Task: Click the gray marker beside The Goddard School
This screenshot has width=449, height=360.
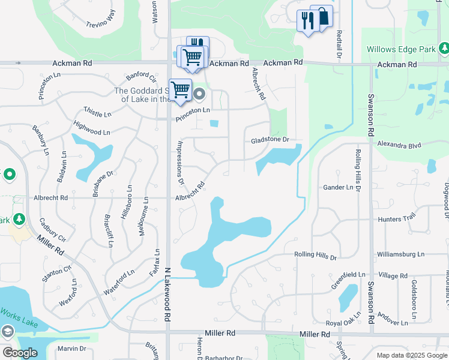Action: point(199,94)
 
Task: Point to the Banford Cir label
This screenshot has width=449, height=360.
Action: point(140,78)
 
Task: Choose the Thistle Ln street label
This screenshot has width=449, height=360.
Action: point(98,113)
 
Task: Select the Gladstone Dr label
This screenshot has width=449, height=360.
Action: point(270,140)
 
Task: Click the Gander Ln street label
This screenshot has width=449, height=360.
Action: point(338,187)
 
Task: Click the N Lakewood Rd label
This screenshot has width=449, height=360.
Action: point(167,296)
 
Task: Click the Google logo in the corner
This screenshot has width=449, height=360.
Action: point(20,353)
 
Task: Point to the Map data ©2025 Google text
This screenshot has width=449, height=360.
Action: point(411,355)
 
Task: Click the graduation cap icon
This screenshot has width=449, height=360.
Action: point(7,332)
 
